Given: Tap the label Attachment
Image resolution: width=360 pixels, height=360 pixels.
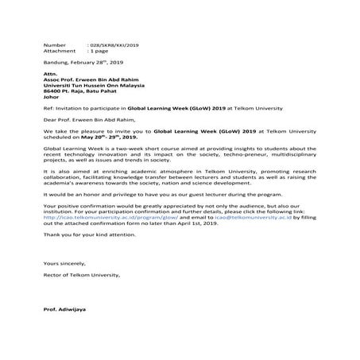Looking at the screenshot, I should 59,52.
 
